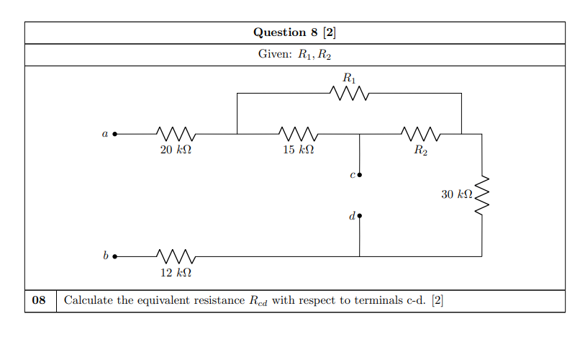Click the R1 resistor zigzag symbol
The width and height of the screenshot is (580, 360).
point(349,93)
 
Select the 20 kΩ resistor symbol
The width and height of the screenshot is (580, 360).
point(176,134)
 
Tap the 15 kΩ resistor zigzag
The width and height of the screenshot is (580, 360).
point(298,134)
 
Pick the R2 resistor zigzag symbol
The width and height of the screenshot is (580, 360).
point(420,134)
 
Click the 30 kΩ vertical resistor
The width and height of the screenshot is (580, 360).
point(481,194)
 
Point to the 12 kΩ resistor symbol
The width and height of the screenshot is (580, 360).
point(176,256)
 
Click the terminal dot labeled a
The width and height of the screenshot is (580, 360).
point(114,134)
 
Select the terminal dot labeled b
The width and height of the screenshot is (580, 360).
point(114,256)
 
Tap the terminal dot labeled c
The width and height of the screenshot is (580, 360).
point(360,175)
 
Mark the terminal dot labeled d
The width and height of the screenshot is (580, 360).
point(360,215)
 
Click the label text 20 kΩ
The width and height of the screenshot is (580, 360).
point(176,151)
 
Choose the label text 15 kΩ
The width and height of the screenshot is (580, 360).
point(298,151)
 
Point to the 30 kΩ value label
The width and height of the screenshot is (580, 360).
point(457,194)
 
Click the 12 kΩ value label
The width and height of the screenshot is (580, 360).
point(176,273)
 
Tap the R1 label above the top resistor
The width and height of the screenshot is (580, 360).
point(350,77)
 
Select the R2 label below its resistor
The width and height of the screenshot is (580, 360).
point(421,151)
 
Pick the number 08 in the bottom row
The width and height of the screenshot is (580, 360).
point(40,300)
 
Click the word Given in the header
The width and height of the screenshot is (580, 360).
point(273,55)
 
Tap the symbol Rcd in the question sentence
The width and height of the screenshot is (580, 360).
point(258,301)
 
